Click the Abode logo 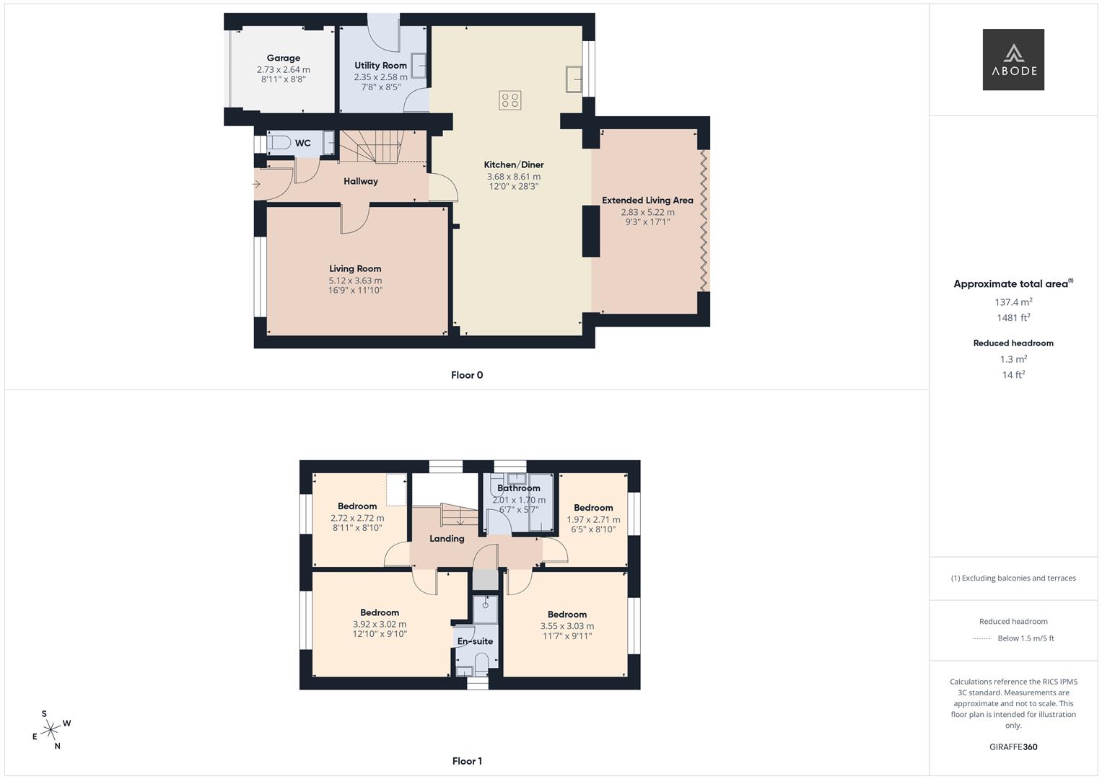coord(1013,59)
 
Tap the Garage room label coord(283,58)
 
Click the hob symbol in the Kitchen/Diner coord(510,100)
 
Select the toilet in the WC coord(279,143)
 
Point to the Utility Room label coord(380,65)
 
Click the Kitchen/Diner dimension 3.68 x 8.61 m coord(513,176)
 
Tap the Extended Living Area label coord(647,200)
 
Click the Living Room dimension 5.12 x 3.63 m coord(355,281)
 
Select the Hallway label coord(360,181)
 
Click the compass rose coord(51,730)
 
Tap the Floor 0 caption coord(467,375)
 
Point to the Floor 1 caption coord(467,761)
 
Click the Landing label coord(447,538)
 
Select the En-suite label coord(475,641)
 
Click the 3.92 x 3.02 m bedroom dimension coord(379,625)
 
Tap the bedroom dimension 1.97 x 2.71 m coord(593,519)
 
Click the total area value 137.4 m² coord(1013,302)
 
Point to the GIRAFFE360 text coord(1013,747)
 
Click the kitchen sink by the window coord(574,79)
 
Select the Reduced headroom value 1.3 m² coord(1013,359)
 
